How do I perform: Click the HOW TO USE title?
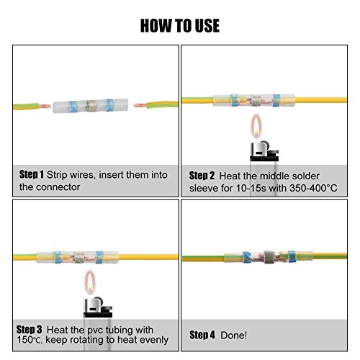[x=180, y=26]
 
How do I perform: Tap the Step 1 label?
[x=32, y=174]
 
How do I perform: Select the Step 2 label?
[x=202, y=176]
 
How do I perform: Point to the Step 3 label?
[x=29, y=330]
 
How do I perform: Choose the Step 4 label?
[x=202, y=335]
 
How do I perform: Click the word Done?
[x=233, y=336]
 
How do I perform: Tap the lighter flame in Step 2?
[x=256, y=126]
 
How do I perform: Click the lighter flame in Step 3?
[x=90, y=282]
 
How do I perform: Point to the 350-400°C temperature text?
[x=313, y=188]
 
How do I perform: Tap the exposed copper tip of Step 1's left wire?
[x=45, y=106]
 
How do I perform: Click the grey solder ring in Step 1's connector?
[x=91, y=106]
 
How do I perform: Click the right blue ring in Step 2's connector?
[x=276, y=100]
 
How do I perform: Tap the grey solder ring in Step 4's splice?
[x=269, y=257]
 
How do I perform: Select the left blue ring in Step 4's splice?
[x=246, y=257]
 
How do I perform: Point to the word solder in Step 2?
[x=305, y=176]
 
